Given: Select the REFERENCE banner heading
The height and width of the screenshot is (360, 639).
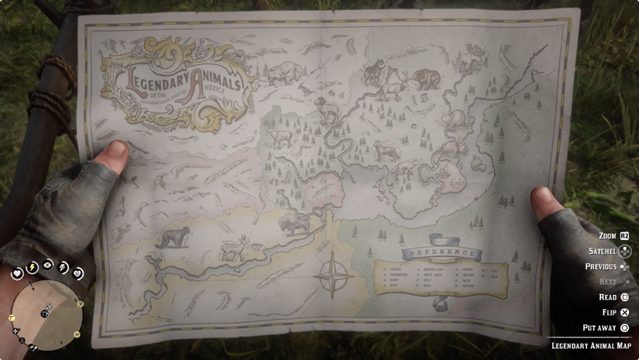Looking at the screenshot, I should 438,253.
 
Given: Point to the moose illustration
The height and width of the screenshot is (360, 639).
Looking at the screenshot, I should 469,60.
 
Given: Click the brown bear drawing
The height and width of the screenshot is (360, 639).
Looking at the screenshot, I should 426,77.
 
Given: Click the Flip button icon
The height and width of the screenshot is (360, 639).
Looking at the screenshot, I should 625,312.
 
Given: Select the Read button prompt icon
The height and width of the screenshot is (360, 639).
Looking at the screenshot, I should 625,297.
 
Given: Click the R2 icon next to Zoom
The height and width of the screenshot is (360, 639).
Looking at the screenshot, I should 625,235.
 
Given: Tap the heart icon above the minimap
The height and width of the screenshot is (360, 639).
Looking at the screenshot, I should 18,273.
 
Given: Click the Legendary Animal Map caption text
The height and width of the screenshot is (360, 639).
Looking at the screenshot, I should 592,345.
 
